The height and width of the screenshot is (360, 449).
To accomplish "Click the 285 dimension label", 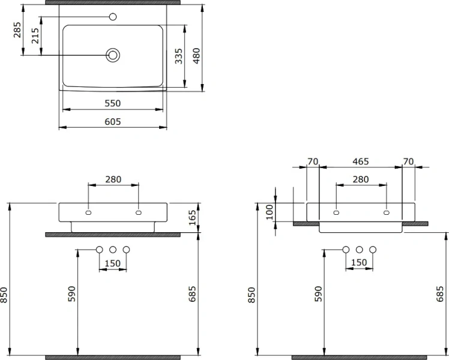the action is (17, 30).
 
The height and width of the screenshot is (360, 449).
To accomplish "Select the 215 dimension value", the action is (35, 35).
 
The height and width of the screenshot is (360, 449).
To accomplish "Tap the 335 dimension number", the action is (178, 56).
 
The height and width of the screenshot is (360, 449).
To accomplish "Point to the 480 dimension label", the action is (196, 56).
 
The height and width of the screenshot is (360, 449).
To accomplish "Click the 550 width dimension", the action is (112, 103).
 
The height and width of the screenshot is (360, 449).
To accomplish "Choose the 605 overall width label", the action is (112, 122).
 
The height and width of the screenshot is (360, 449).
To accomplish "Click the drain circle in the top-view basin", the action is (113, 55).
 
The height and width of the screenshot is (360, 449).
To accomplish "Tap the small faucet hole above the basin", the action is (113, 17).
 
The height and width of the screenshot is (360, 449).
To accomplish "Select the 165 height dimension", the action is (192, 217).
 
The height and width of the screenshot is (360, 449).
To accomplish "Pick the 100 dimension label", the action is (269, 212).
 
